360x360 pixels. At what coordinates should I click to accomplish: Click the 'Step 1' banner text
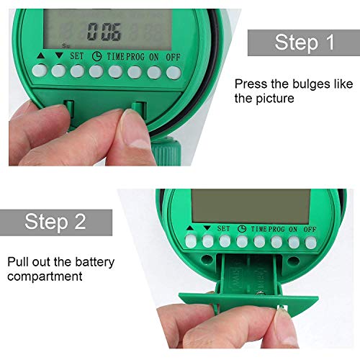(305, 42)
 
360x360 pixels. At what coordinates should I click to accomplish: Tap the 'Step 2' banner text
(55, 222)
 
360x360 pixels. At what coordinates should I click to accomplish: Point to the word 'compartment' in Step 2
(45, 276)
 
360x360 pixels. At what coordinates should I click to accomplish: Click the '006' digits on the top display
(104, 32)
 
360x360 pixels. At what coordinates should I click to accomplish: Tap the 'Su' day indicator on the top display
(66, 45)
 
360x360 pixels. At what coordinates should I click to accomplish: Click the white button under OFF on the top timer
(174, 72)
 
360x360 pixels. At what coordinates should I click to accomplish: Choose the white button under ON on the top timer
(154, 72)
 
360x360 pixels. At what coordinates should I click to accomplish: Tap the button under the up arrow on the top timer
(40, 71)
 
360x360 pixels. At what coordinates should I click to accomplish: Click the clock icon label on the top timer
(96, 57)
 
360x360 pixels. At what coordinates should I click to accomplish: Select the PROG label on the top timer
(135, 57)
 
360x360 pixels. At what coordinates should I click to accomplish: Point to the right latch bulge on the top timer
(139, 110)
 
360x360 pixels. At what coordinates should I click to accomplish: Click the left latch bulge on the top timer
(69, 109)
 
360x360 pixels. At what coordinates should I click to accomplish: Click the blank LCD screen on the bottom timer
(251, 207)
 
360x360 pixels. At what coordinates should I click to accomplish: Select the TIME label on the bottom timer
(259, 229)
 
